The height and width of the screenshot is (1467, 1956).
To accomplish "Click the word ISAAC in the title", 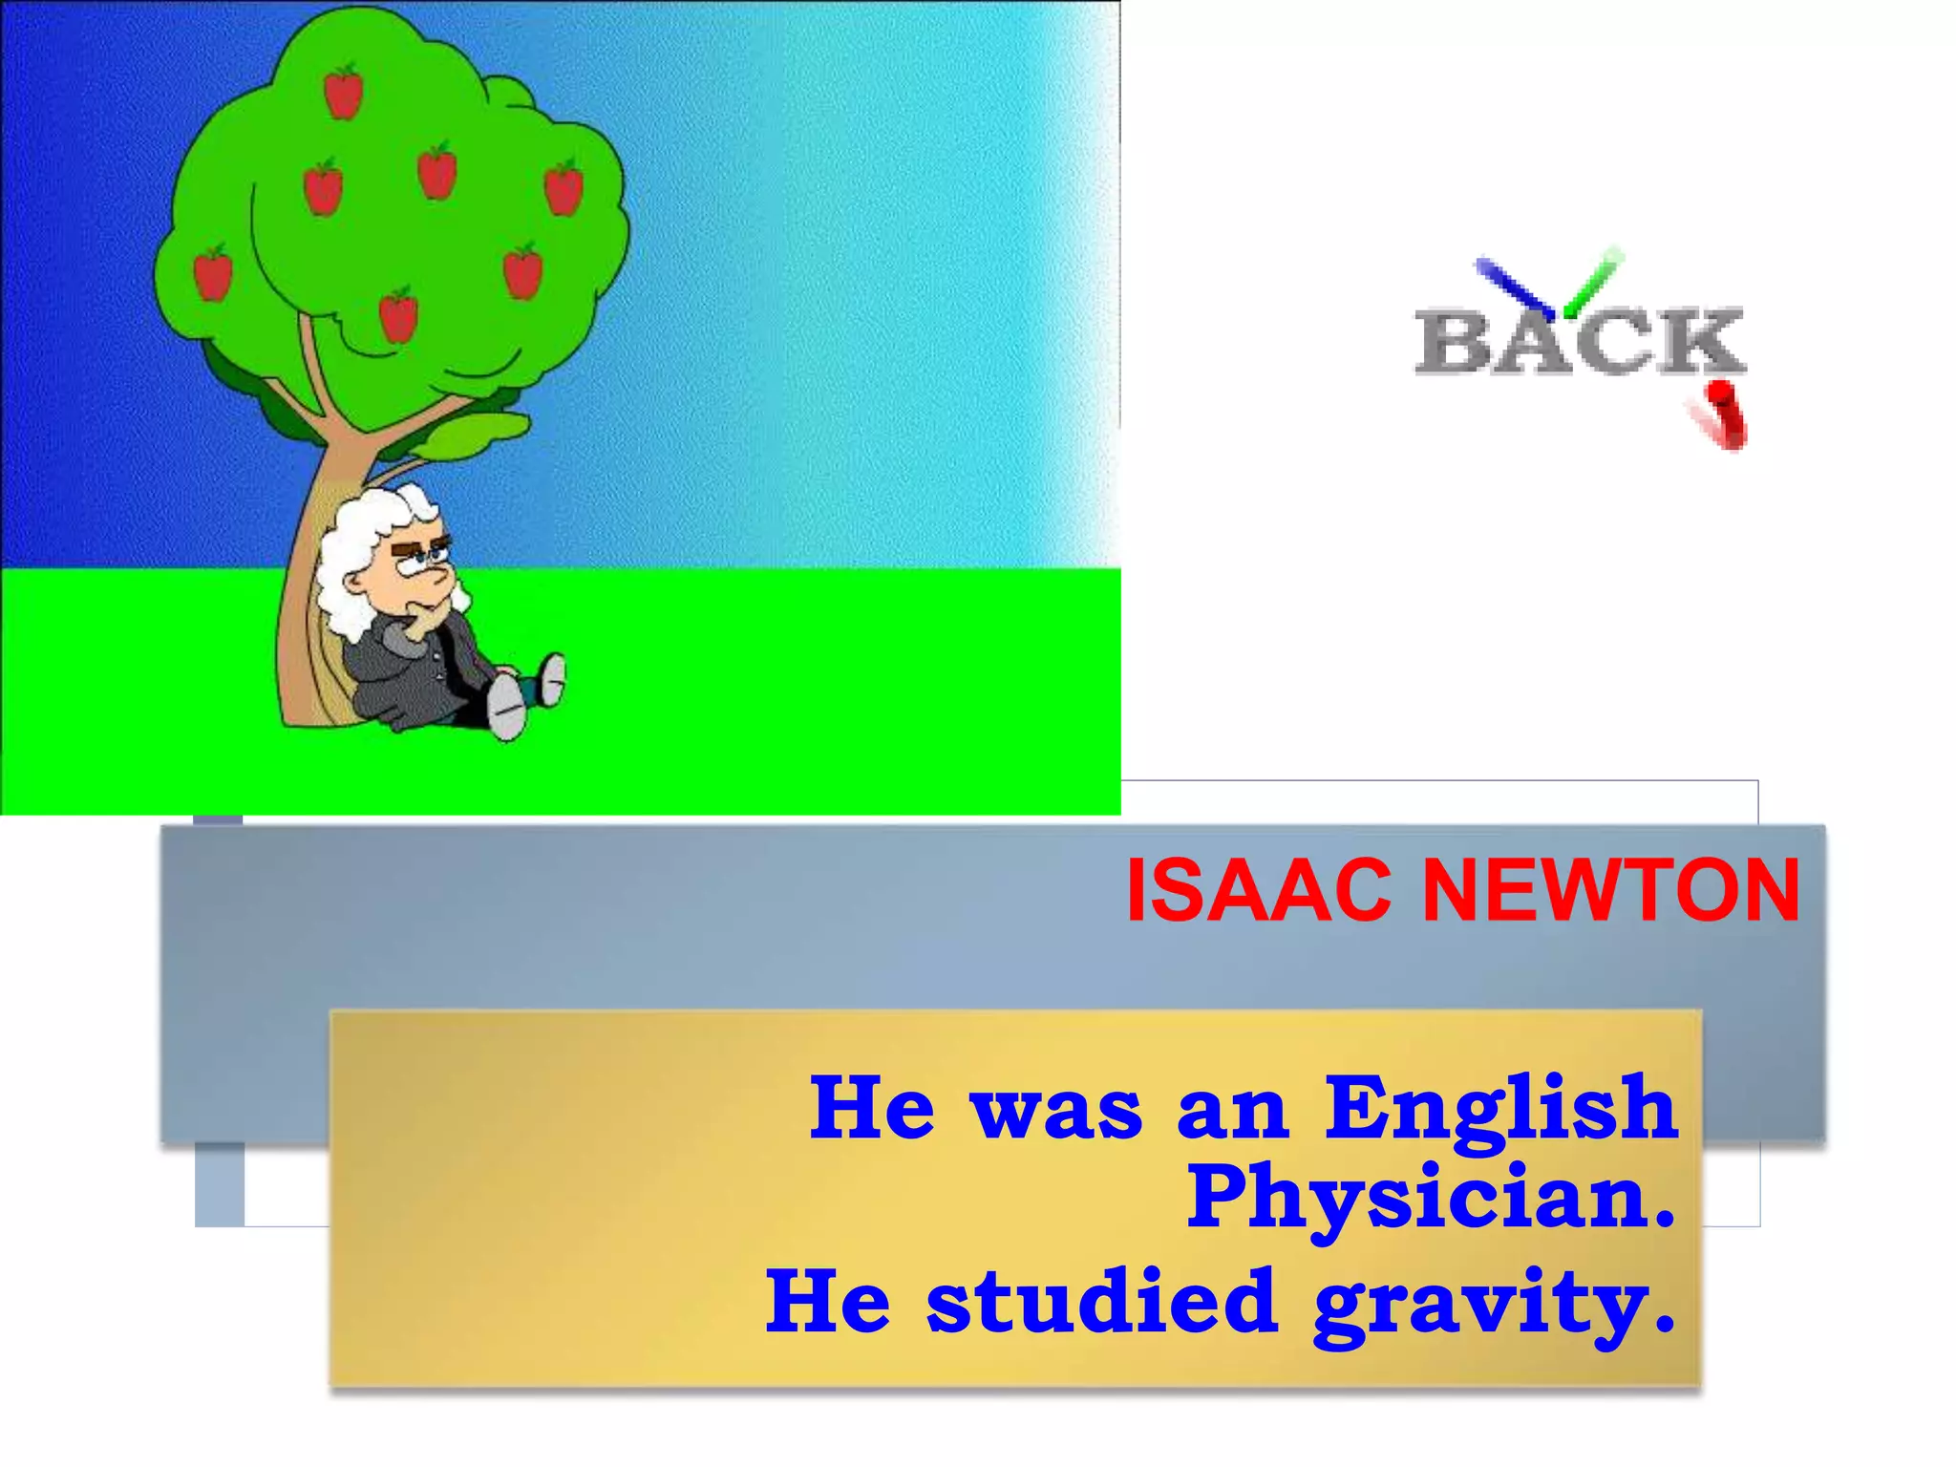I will point(1257,891).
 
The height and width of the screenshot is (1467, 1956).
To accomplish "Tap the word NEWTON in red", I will point(1610,891).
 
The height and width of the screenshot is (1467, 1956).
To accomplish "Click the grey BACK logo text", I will point(1580,341).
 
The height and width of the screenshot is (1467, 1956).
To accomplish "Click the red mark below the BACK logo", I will point(1721,415).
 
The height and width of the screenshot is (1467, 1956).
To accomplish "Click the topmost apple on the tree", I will point(344,91).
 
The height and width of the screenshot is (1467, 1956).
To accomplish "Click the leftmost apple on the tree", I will point(213,272).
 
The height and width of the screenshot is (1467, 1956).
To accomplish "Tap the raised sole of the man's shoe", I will point(507,707).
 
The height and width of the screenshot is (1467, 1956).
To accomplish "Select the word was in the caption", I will point(1054,1111).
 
